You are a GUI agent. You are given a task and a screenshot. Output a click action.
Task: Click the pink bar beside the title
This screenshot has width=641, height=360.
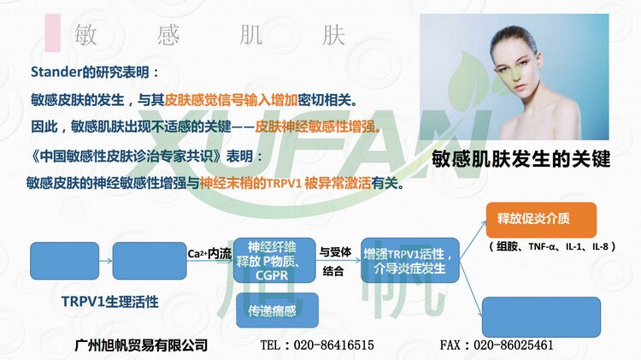[53, 33]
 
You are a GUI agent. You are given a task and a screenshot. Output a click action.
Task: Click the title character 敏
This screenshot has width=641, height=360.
[85, 35]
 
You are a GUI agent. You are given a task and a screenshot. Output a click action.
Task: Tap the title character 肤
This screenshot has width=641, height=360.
[333, 35]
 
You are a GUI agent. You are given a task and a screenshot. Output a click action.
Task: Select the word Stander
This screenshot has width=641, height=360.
[56, 72]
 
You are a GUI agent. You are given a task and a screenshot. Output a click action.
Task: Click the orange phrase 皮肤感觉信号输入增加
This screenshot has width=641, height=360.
[231, 100]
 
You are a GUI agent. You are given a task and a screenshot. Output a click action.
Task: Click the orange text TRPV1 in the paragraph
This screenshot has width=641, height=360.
[284, 183]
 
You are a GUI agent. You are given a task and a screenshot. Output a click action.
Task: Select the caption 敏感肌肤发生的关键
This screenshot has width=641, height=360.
[520, 159]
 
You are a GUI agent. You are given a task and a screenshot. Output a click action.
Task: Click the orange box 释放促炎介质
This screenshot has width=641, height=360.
[541, 220]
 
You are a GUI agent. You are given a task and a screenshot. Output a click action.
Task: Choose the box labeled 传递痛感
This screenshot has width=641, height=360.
[277, 310]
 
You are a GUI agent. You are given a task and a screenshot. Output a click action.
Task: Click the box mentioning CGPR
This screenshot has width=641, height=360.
[274, 260]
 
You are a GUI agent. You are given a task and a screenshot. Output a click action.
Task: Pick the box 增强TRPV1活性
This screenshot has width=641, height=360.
[410, 261]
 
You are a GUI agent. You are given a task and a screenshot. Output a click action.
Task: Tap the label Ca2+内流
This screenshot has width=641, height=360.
[209, 254]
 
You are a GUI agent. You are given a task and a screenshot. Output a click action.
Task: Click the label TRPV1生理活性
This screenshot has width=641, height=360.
[110, 302]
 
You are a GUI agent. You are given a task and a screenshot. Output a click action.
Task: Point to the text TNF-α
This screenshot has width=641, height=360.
[542, 246]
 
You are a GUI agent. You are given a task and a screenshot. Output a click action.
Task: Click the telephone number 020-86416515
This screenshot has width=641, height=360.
[334, 345]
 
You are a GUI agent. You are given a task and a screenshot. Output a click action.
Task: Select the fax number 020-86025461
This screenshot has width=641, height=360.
[513, 345]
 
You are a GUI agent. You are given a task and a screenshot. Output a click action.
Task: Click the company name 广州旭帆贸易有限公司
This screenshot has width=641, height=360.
[141, 345]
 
